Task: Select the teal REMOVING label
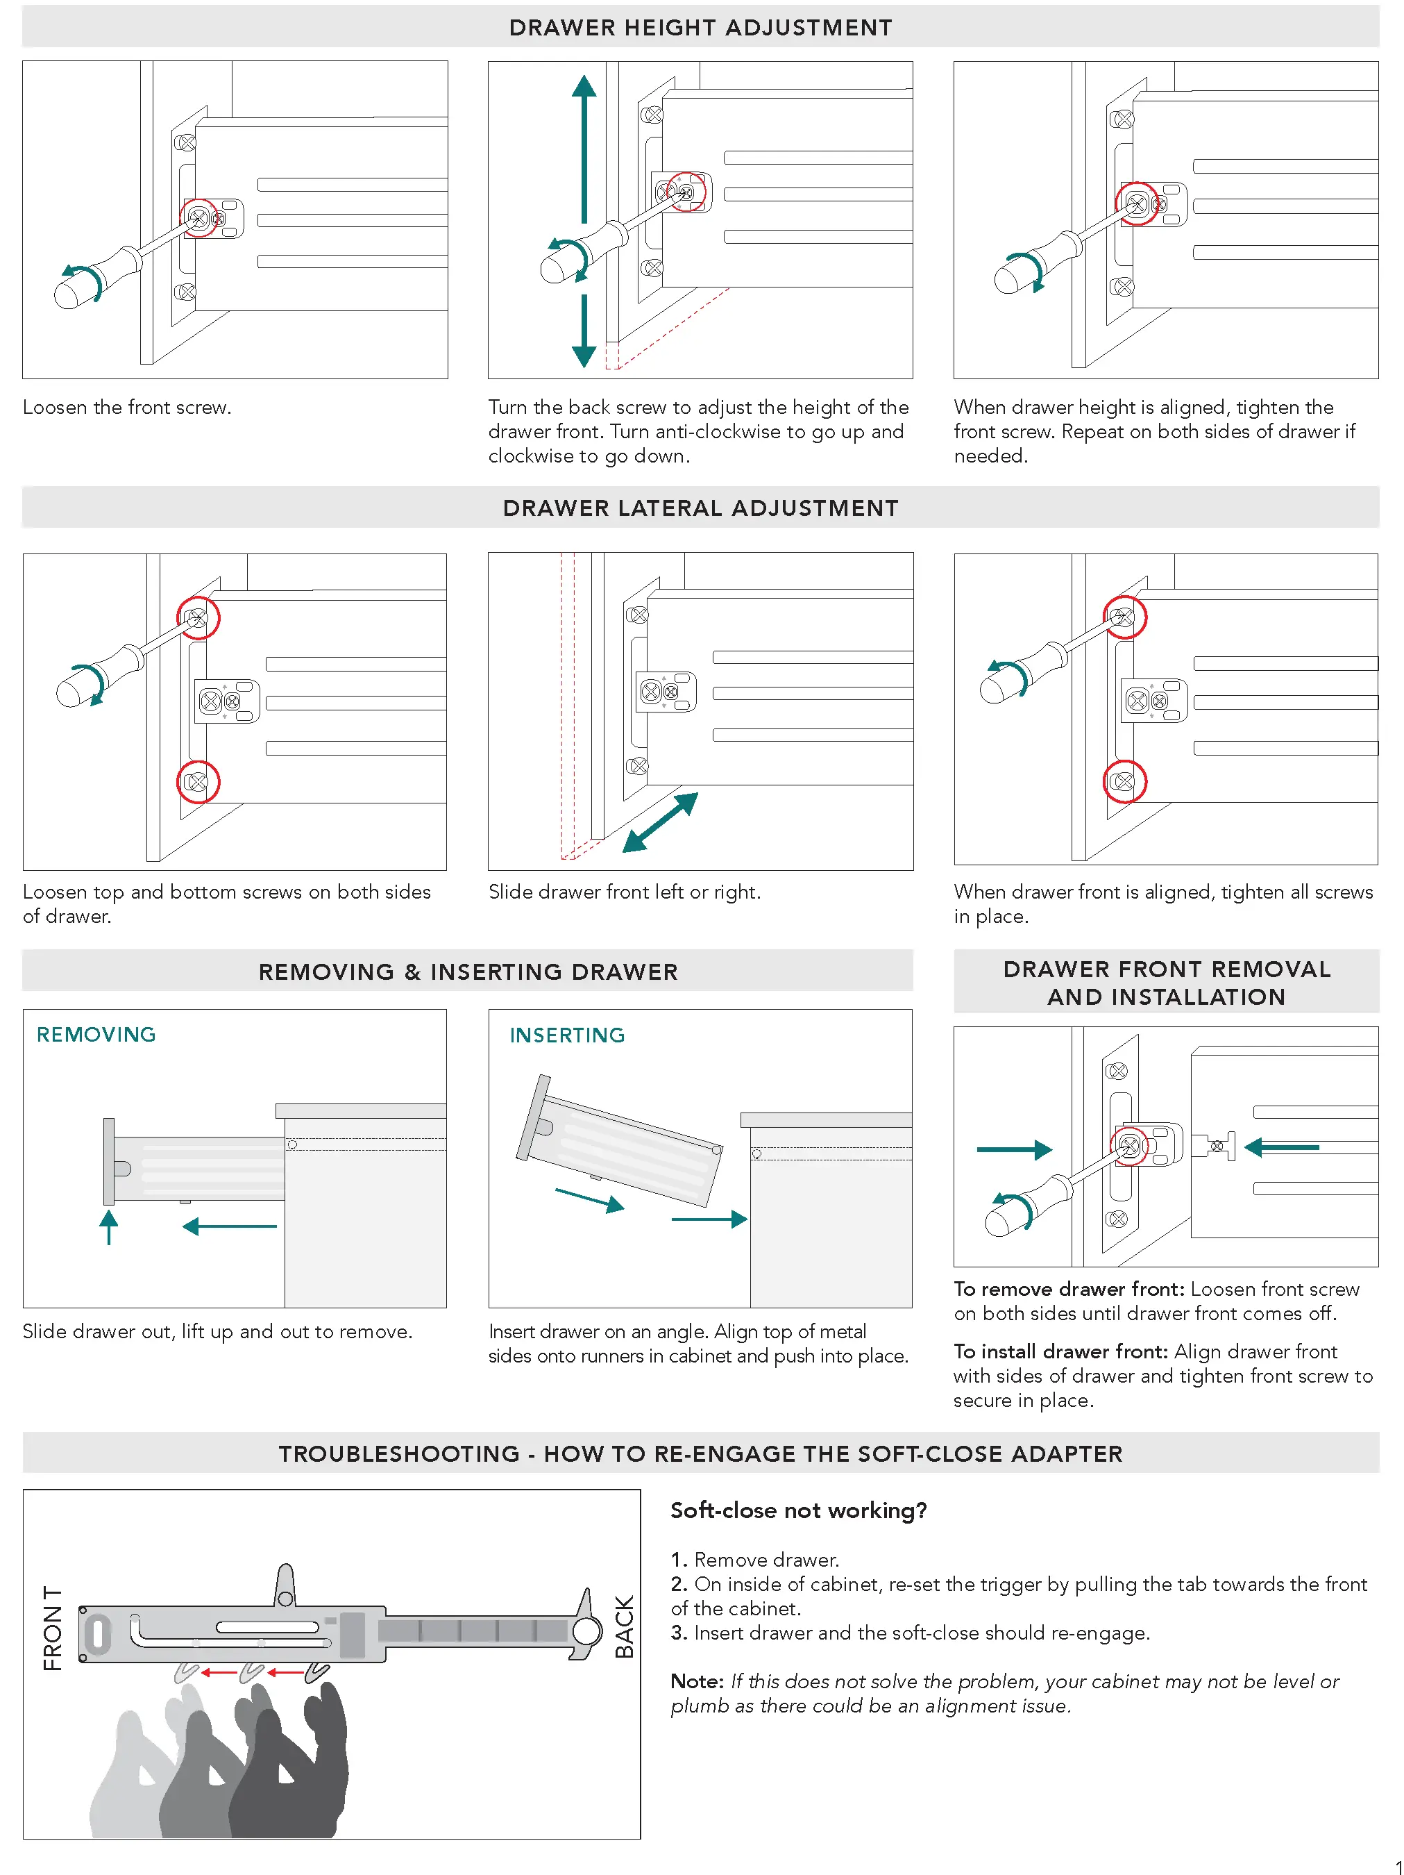[96, 1034]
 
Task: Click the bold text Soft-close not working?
[798, 1510]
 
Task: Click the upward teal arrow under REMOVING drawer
[108, 1226]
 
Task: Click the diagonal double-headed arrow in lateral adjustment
[660, 822]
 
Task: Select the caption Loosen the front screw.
[127, 407]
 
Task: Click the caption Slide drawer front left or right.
[625, 892]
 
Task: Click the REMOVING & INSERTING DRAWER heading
[468, 972]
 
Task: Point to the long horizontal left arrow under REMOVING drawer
[230, 1226]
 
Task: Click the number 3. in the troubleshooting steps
[679, 1633]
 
